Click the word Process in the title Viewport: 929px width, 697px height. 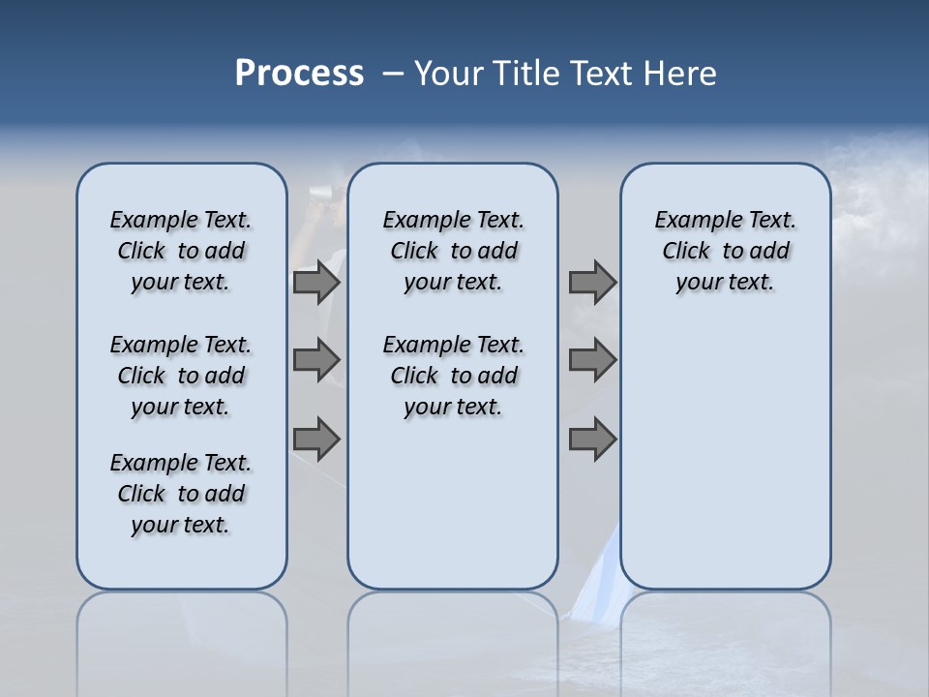click(299, 74)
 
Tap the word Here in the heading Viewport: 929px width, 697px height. click(679, 74)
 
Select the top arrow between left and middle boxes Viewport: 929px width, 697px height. click(315, 283)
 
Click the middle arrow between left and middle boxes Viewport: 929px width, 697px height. click(315, 360)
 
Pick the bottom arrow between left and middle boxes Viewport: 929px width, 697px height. click(315, 439)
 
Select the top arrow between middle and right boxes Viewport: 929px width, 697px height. click(592, 283)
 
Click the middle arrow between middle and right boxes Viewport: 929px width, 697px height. click(592, 360)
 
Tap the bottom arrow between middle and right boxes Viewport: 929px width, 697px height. click(592, 439)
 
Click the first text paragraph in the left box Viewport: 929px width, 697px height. click(181, 251)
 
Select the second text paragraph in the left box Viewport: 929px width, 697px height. click(181, 376)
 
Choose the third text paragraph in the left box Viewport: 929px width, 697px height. click(181, 494)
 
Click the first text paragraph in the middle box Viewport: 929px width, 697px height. click(453, 251)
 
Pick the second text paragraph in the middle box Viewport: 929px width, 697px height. click(453, 376)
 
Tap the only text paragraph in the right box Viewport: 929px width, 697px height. click(725, 251)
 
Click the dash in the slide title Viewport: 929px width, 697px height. click(393, 74)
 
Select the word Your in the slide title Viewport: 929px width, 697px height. click(449, 74)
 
